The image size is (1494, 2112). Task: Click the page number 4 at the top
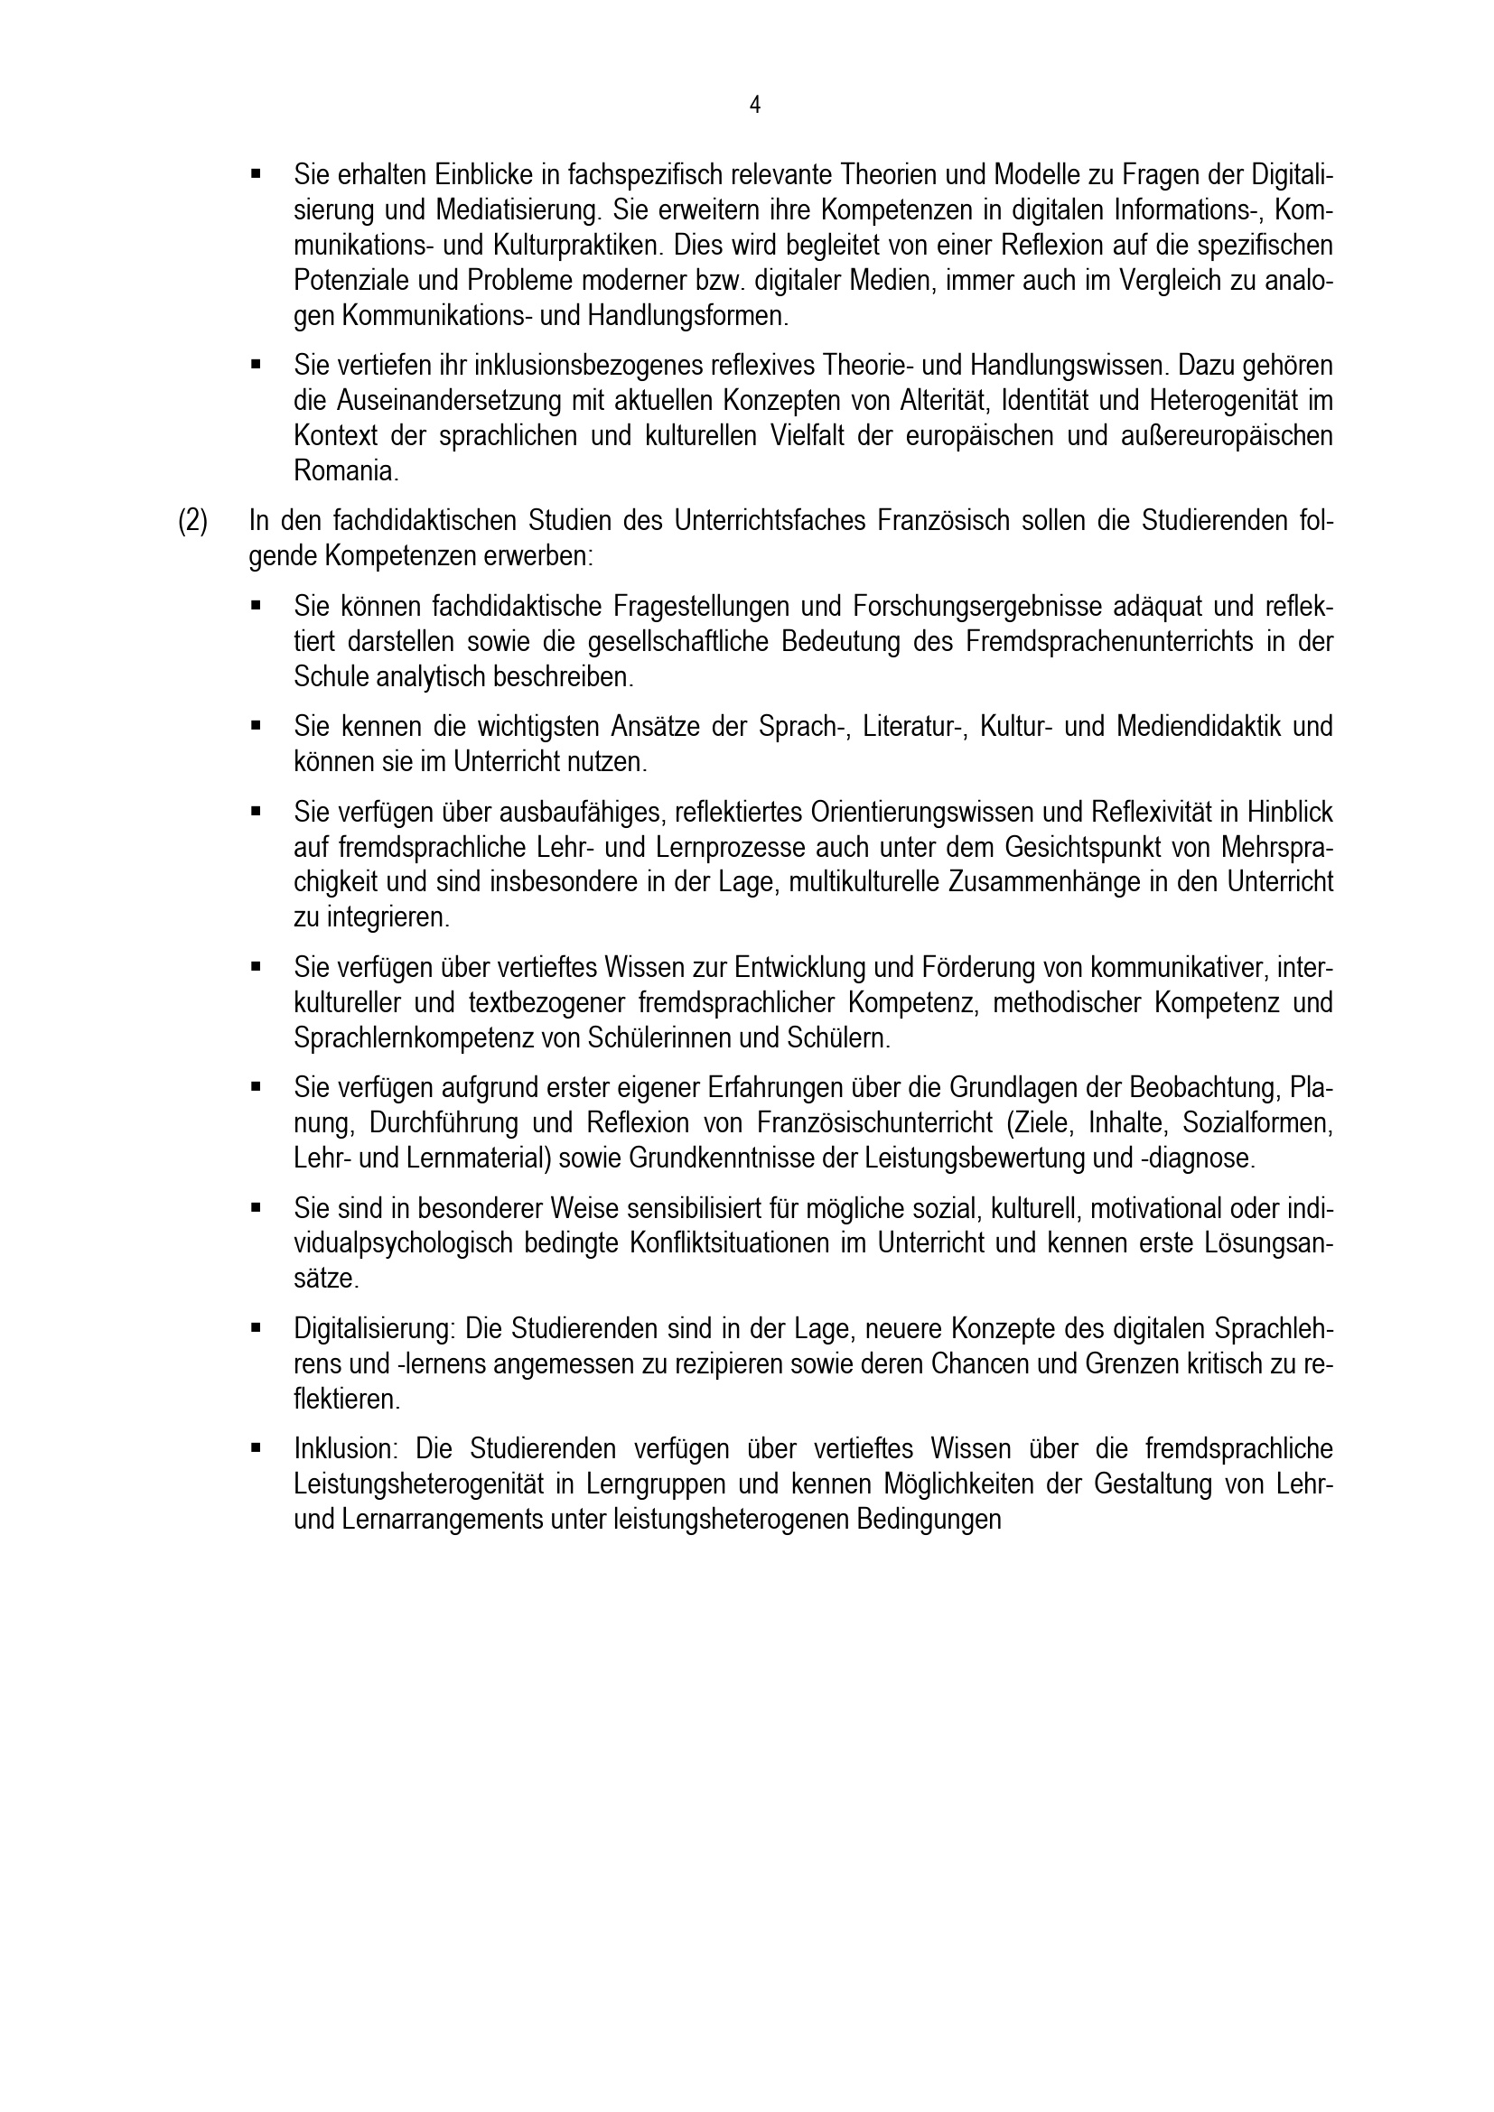(754, 106)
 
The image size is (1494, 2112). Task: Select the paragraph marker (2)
(193, 522)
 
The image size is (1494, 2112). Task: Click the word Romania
(346, 472)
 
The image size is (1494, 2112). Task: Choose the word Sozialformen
(1257, 1124)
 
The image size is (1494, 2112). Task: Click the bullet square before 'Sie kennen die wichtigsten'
(256, 727)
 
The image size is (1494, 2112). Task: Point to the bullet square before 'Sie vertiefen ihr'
(256, 366)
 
